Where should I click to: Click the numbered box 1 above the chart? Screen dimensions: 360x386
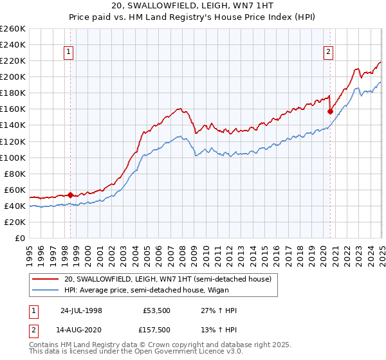(68, 53)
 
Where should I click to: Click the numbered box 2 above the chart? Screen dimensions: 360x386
(328, 53)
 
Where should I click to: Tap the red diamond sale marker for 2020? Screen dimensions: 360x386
(330, 111)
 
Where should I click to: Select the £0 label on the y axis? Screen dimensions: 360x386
(21, 238)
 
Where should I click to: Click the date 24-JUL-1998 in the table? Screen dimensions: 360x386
(81, 310)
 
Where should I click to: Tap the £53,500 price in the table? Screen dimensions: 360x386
(156, 310)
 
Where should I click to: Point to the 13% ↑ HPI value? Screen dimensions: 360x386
(219, 331)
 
